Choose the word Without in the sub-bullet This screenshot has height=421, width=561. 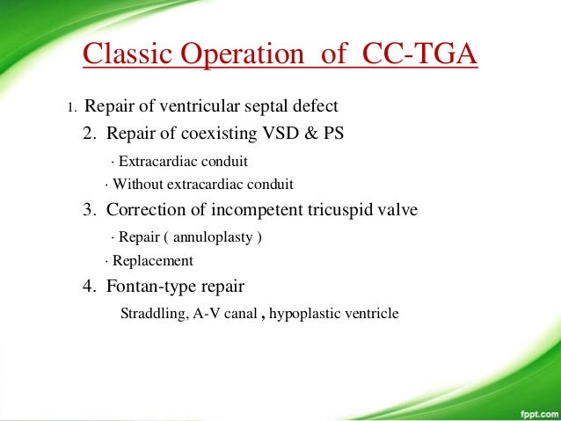tap(135, 185)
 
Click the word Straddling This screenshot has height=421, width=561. tap(151, 312)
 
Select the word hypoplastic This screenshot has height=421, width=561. tap(310, 312)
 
